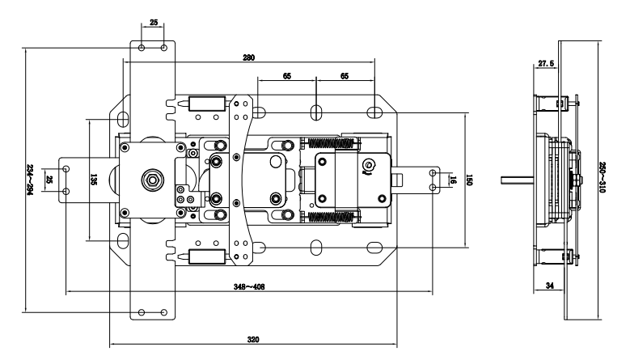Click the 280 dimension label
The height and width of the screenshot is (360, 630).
(249, 57)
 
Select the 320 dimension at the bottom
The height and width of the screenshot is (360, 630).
(253, 340)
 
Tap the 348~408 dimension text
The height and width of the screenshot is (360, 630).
(249, 287)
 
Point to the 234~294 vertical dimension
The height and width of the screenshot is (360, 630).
(29, 180)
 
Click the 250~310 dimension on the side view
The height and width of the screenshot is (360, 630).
(602, 177)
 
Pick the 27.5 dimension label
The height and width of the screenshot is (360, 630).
(546, 63)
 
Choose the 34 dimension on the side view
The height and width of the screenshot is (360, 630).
(550, 286)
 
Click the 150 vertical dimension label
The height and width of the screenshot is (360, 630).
(468, 180)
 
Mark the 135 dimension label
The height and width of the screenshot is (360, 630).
(94, 180)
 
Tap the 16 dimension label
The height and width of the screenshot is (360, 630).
(453, 180)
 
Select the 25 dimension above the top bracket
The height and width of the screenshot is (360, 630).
(154, 23)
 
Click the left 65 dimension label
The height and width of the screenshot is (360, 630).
(287, 76)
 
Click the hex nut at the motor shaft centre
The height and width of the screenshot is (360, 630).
(152, 180)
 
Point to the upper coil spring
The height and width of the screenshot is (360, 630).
(332, 143)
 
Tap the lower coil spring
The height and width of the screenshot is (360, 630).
(332, 217)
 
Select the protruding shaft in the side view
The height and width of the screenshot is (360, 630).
(518, 180)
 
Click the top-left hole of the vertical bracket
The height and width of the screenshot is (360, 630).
(142, 49)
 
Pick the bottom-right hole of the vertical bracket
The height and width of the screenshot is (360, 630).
(164, 312)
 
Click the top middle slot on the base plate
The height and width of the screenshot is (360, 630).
(316, 112)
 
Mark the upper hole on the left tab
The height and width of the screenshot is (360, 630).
(66, 169)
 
